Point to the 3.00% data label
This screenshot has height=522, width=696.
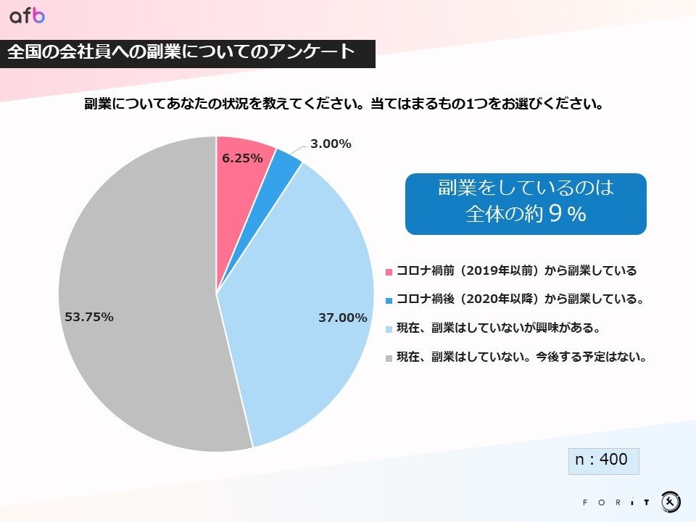[331, 144]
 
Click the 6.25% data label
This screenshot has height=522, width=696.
[242, 158]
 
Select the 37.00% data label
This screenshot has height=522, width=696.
[342, 318]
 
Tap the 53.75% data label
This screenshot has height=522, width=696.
[89, 317]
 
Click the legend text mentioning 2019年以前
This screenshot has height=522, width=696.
[515, 271]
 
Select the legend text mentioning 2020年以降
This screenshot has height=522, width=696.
[520, 299]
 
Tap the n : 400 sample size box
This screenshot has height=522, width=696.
[602, 460]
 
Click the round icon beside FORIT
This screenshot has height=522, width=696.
[670, 501]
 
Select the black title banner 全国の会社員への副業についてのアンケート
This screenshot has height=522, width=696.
[187, 54]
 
